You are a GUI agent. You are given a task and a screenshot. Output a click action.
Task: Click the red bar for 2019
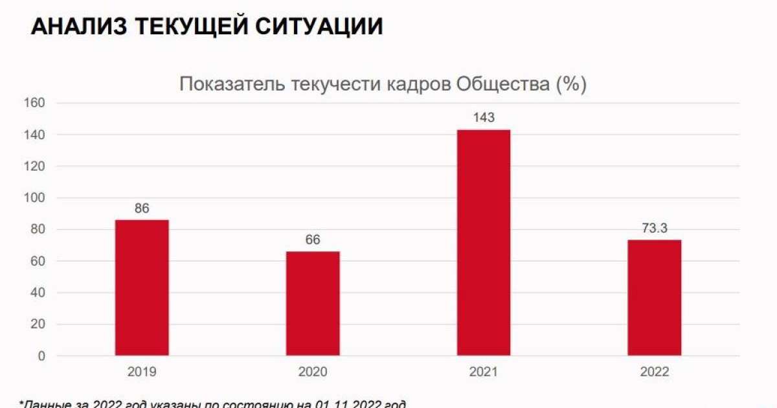(x=142, y=288)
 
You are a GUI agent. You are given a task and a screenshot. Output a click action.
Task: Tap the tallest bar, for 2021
(x=483, y=242)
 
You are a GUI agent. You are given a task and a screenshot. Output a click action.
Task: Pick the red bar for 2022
(x=654, y=297)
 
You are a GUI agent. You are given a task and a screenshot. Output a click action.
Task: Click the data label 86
(x=142, y=209)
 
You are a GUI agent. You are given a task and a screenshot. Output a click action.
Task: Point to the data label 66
(x=313, y=240)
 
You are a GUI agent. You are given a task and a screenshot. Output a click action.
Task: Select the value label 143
(x=484, y=118)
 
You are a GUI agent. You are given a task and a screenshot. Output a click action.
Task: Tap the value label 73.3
(x=654, y=229)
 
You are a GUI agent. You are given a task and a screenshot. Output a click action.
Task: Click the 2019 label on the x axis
(x=142, y=372)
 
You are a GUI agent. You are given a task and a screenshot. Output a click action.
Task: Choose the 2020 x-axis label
(x=313, y=372)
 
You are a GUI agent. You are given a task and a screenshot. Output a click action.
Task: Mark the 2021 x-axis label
(x=484, y=372)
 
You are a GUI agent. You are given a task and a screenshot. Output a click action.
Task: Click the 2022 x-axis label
(x=654, y=372)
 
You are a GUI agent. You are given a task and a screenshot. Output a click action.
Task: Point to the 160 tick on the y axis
(x=34, y=103)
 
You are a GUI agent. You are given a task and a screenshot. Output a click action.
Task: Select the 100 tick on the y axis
(x=34, y=198)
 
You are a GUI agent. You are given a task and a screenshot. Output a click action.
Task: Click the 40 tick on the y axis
(x=38, y=293)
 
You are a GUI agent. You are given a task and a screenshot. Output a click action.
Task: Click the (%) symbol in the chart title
(x=572, y=85)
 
